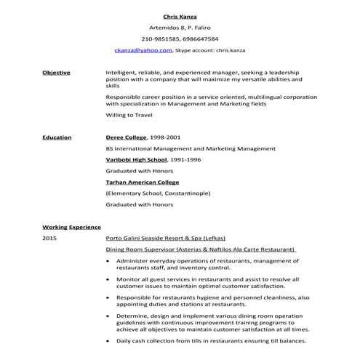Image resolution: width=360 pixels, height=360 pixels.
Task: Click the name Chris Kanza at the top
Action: click(x=180, y=15)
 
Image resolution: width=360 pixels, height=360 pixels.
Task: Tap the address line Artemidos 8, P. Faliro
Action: click(x=180, y=27)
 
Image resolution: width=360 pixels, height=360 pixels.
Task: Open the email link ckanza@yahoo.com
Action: click(x=143, y=50)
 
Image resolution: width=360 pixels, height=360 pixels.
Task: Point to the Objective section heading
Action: click(x=56, y=73)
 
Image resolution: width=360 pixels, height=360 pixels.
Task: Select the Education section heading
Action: click(x=56, y=137)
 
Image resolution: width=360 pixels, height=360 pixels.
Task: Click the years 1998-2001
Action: click(x=165, y=137)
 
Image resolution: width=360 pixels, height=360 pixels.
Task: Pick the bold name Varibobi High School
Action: click(x=137, y=159)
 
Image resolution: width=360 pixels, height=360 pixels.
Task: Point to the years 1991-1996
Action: click(x=185, y=159)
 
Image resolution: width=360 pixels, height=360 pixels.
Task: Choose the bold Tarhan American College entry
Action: click(x=143, y=182)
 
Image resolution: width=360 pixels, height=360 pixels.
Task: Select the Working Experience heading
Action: click(x=71, y=227)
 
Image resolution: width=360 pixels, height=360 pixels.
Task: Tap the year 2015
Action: click(x=49, y=238)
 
